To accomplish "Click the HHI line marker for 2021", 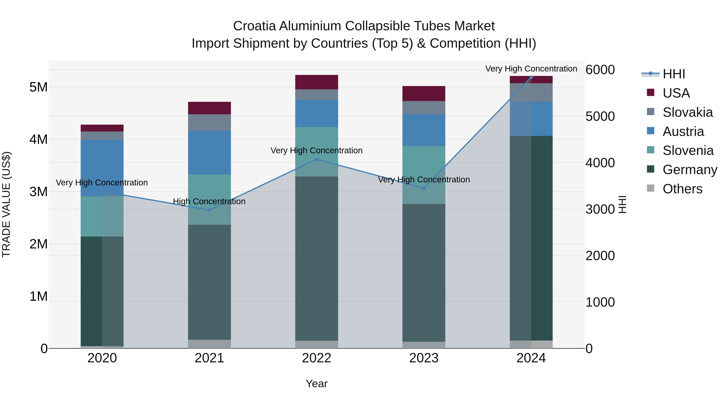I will click(210, 210).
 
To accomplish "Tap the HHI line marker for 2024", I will click(531, 77).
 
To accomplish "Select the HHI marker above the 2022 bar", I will click(316, 160).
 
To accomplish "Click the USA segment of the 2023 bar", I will click(424, 94).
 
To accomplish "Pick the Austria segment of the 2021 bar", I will click(210, 152).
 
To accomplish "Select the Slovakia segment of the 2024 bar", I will click(531, 92).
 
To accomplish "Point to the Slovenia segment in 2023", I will click(424, 175).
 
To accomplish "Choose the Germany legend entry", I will click(690, 170).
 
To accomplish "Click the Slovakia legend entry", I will click(687, 112).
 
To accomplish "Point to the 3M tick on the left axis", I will click(38, 192).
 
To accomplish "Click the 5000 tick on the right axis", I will click(600, 116).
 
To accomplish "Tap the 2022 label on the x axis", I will click(316, 358).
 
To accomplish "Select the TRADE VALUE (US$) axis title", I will click(6, 204).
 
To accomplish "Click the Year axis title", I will click(316, 384).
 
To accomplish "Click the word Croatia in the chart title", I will click(254, 26).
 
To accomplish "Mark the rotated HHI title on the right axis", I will click(623, 204).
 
